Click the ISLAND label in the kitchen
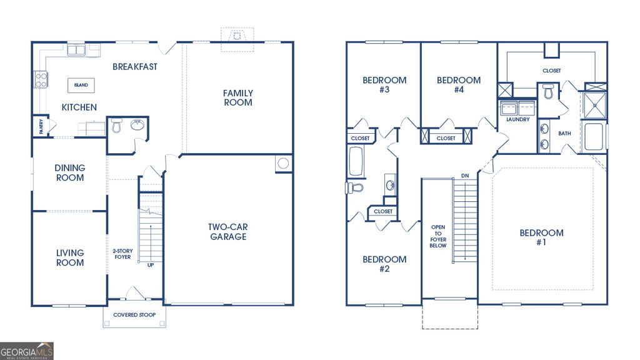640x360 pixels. tap(81, 85)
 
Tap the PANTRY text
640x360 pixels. tap(41, 127)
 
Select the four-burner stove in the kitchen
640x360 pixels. tap(41, 79)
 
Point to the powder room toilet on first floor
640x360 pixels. tap(116, 127)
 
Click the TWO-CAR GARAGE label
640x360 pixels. tap(227, 232)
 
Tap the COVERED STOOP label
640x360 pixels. tap(134, 315)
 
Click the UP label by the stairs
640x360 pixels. tap(151, 265)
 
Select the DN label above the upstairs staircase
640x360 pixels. tap(464, 176)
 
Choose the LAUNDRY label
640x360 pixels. tap(517, 119)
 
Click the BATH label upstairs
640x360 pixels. tap(564, 133)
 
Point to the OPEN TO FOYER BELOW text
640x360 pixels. tap(438, 236)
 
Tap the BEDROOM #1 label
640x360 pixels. tap(541, 237)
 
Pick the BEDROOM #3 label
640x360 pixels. tap(384, 85)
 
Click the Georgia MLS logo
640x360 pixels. tap(27, 351)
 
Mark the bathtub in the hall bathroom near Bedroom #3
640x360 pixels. tap(356, 161)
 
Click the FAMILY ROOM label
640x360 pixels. tap(238, 98)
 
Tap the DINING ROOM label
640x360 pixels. tap(70, 173)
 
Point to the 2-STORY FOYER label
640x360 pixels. tap(122, 254)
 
